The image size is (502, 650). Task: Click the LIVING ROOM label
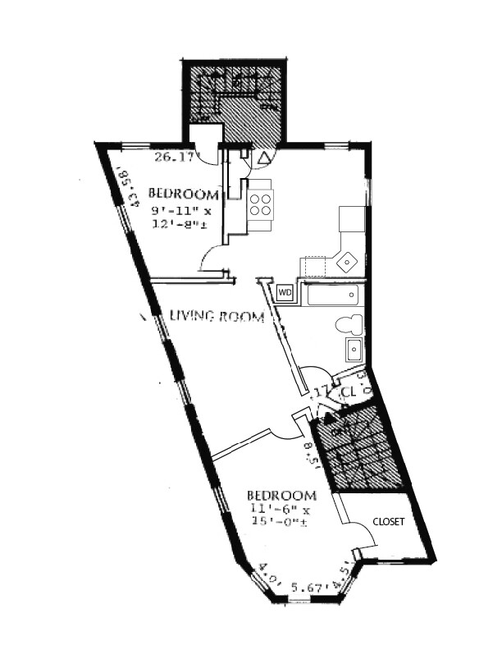point(217,316)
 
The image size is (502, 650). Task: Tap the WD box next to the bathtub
point(285,292)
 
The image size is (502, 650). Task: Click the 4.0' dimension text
point(266,572)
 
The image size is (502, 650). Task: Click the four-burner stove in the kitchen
point(261,204)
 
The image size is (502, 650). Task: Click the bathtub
point(331,294)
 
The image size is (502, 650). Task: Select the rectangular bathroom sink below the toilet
point(354,350)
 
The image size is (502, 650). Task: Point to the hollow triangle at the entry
point(264,156)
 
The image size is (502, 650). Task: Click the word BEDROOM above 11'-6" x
point(281,496)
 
